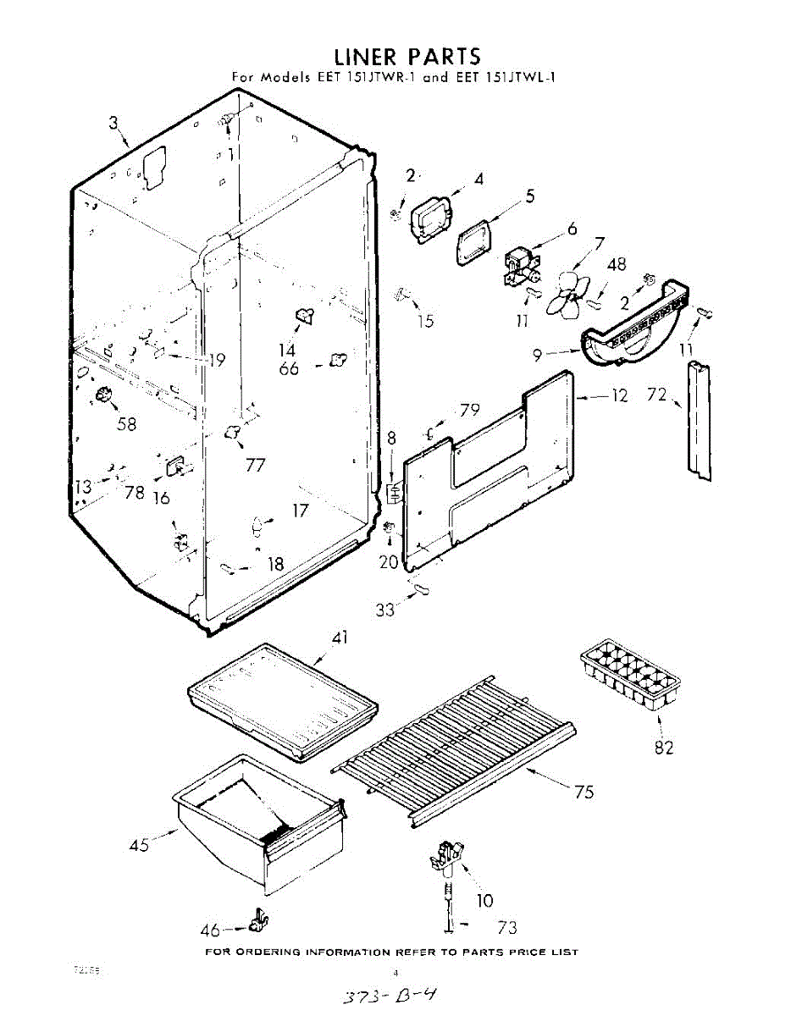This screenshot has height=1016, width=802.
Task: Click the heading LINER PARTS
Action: [x=407, y=57]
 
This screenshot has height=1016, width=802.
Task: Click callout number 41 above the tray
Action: [x=340, y=638]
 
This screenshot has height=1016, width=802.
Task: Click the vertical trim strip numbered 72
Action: [x=700, y=420]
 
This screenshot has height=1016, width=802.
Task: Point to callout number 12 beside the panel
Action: [x=620, y=395]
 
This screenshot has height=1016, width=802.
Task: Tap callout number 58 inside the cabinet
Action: [x=126, y=424]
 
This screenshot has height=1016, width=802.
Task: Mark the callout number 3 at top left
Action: [x=114, y=123]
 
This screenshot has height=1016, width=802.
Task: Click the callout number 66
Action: [x=289, y=368]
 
